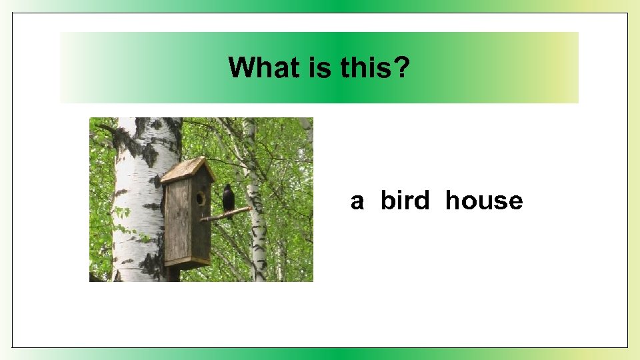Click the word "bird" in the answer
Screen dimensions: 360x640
coord(405,201)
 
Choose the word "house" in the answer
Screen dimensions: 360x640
coord(484,201)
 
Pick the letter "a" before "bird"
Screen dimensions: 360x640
coord(357,201)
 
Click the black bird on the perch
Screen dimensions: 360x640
coord(229,199)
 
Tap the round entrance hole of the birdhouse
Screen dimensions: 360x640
coord(199,198)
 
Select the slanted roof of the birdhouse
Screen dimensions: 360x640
coord(187,169)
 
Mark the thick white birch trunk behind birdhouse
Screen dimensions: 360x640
coord(137,200)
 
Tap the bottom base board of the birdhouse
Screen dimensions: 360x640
coord(188,264)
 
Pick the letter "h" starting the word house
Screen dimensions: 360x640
coord(453,201)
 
